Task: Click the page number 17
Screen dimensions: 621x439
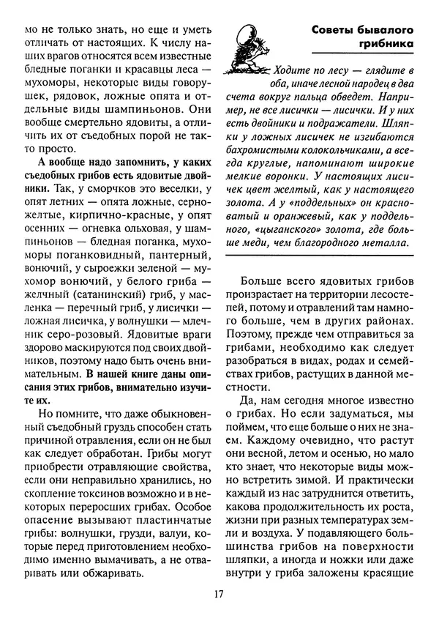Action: coord(219,594)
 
